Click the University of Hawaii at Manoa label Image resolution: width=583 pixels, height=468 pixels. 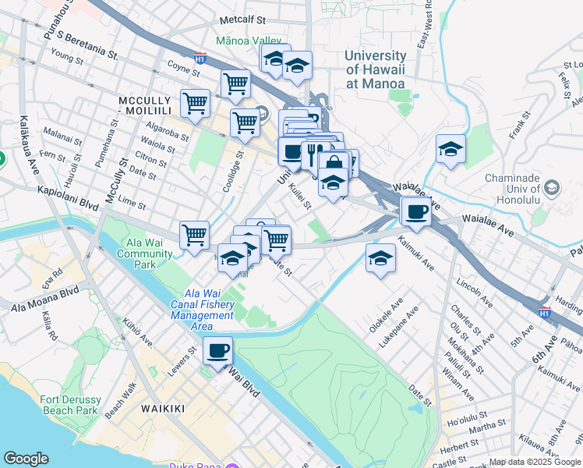[375, 69]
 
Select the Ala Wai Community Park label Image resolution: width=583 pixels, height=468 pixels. [145, 253]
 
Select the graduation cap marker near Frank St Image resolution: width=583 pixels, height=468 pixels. [450, 148]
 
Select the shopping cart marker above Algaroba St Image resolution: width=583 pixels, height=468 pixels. [195, 101]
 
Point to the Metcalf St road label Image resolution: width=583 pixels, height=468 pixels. [242, 17]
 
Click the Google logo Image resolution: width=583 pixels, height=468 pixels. [26, 459]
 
